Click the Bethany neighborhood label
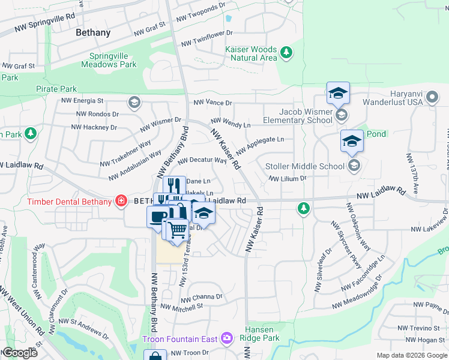[93, 33]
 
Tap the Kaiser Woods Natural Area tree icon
[286, 53]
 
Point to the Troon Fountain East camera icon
[226, 339]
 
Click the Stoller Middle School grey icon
[354, 166]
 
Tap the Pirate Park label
[56, 88]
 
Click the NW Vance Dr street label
[212, 103]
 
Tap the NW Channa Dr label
[202, 297]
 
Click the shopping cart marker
[176, 229]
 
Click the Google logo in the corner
[19, 352]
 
